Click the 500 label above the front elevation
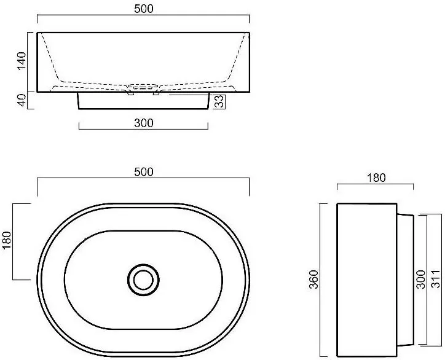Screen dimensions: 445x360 click(144, 9)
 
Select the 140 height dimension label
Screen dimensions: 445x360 click(22, 61)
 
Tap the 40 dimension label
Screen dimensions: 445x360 click(22, 100)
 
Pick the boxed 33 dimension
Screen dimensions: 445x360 click(219, 101)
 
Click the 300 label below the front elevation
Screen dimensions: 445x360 click(144, 123)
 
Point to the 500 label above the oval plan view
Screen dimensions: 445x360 click(144, 171)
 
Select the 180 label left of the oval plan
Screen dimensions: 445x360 click(6, 240)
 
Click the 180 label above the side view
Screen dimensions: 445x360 click(376, 178)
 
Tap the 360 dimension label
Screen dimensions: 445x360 click(313, 280)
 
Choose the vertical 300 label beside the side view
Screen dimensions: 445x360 click(420, 280)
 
